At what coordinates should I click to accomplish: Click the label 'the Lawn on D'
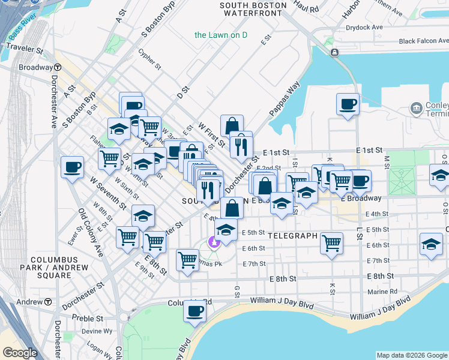pyautogui.click(x=221, y=35)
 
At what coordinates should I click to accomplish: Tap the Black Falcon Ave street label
pyautogui.click(x=424, y=41)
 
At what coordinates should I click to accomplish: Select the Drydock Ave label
pyautogui.click(x=364, y=28)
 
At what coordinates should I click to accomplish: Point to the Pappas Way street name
pyautogui.click(x=284, y=98)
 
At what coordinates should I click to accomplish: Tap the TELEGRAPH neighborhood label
pyautogui.click(x=292, y=236)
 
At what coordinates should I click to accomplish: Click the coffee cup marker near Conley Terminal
pyautogui.click(x=348, y=104)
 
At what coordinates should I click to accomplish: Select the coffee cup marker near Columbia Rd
pyautogui.click(x=194, y=311)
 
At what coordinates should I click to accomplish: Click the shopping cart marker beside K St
pyautogui.click(x=331, y=242)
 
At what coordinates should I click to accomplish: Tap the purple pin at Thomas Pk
pyautogui.click(x=212, y=242)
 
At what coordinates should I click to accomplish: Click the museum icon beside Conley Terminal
pyautogui.click(x=416, y=108)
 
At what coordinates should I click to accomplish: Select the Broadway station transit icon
pyautogui.click(x=58, y=67)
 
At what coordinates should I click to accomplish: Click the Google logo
pyautogui.click(x=20, y=353)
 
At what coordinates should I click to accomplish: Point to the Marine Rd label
pyautogui.click(x=384, y=292)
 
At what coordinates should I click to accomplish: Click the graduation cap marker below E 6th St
pyautogui.click(x=430, y=244)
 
